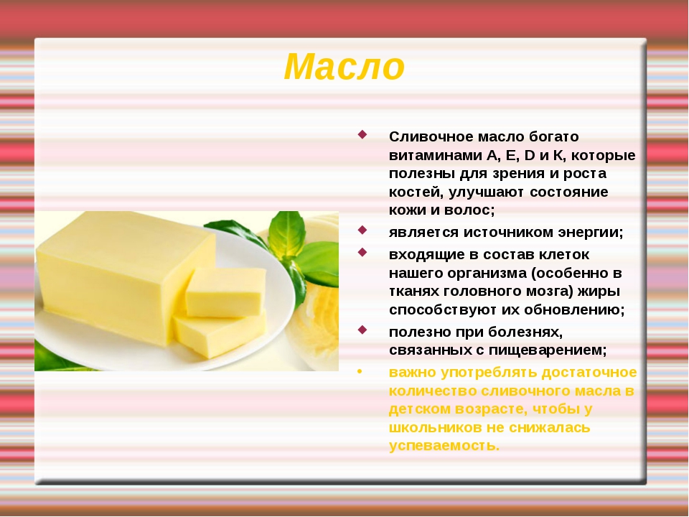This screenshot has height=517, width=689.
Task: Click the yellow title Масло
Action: pyautogui.click(x=344, y=67)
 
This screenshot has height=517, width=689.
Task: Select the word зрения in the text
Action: pyautogui.click(x=517, y=174)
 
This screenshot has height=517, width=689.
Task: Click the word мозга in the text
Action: pyautogui.click(x=548, y=292)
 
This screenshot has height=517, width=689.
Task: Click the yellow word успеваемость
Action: pyautogui.click(x=444, y=446)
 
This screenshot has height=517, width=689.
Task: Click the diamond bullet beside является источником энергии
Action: pyautogui.click(x=362, y=230)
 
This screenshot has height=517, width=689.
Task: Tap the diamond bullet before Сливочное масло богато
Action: pyautogui.click(x=362, y=134)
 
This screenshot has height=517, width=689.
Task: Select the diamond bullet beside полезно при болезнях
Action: pyautogui.click(x=362, y=330)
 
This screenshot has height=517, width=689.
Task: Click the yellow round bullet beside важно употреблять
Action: pyautogui.click(x=360, y=372)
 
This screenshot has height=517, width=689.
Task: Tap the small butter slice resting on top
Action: pyautogui.click(x=226, y=292)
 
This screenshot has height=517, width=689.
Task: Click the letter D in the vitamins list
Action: pyautogui.click(x=530, y=155)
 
